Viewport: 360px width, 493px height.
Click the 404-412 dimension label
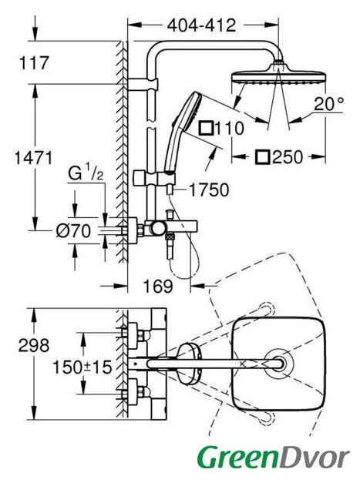tap(201, 25)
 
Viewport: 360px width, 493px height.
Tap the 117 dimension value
tap(34, 62)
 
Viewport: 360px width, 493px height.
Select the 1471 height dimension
tap(33, 157)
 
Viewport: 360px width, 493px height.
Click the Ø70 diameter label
tap(74, 231)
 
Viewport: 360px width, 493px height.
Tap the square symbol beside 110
tap(207, 128)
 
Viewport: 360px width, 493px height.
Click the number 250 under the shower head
tap(288, 157)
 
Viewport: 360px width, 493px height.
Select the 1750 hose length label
tap(209, 190)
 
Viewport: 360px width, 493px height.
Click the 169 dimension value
tap(158, 286)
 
